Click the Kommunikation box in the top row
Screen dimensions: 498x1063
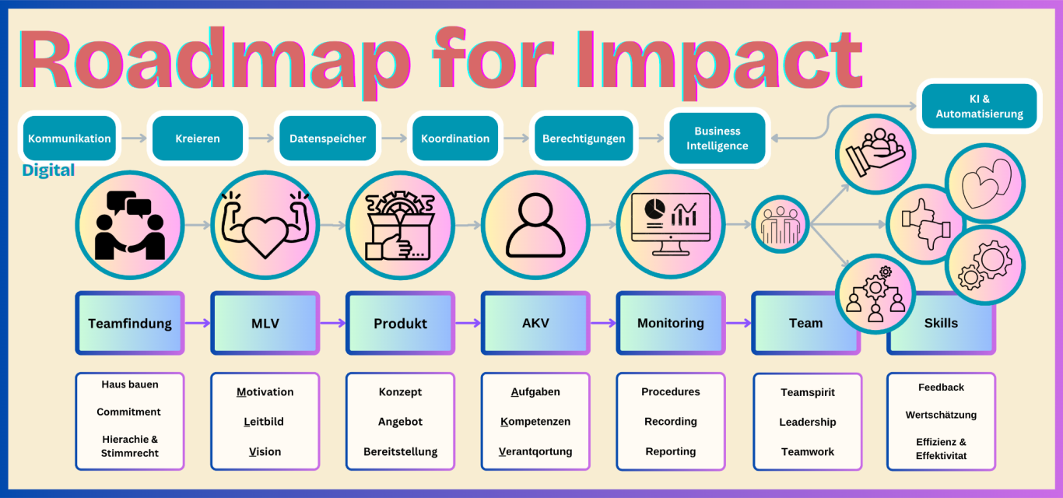pos(69,139)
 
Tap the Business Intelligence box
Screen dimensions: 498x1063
pos(717,139)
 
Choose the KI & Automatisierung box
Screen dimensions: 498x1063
pos(979,106)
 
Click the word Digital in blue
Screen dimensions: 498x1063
pos(48,170)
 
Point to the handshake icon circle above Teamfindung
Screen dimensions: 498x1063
pos(130,225)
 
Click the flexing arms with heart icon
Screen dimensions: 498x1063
pos(265,225)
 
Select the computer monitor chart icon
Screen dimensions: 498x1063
pos(671,225)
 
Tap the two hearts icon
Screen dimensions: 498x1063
pos(985,184)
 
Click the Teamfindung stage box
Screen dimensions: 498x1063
pos(130,323)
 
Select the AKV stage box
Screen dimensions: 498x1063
pos(535,323)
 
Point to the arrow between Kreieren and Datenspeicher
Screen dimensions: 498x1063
pos(261,139)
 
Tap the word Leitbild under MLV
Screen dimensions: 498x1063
pos(264,422)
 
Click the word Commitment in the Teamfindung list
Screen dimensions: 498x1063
pos(129,412)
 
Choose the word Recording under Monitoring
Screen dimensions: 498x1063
pos(671,422)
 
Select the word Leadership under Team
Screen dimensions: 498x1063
pos(808,422)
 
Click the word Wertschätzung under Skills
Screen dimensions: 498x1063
pos(941,415)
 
